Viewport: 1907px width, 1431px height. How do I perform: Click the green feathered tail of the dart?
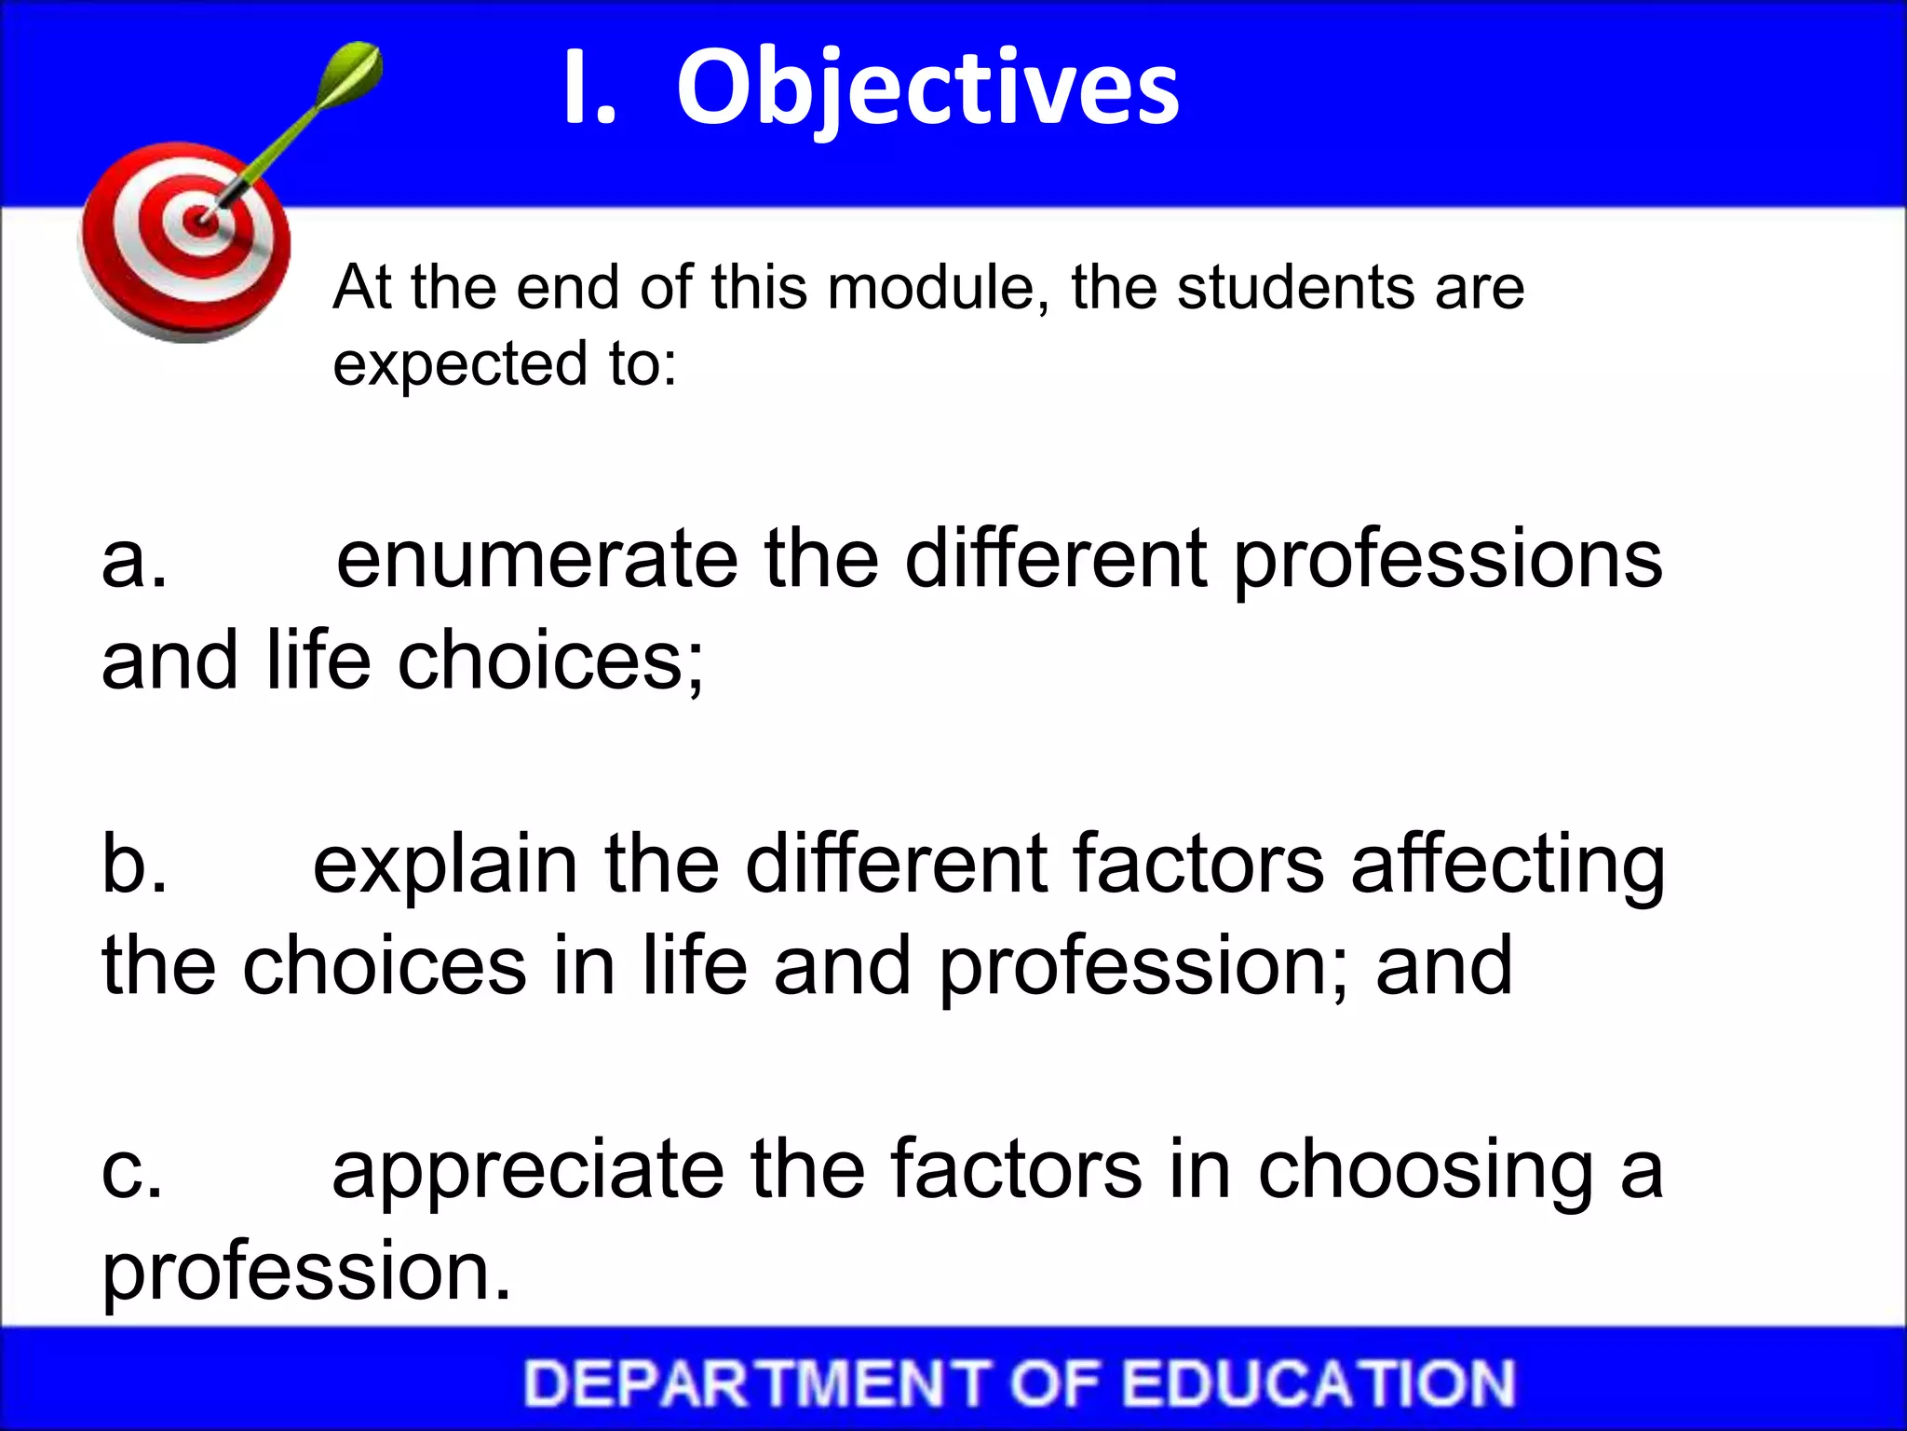click(x=354, y=75)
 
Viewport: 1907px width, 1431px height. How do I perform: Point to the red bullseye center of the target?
click(x=198, y=222)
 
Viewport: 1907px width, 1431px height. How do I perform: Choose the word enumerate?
click(x=537, y=561)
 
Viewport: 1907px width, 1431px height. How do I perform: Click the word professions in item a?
click(x=1448, y=563)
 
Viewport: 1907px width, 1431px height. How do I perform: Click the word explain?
click(x=445, y=866)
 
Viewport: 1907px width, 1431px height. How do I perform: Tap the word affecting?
click(x=1508, y=866)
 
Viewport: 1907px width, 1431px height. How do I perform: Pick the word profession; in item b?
click(x=1142, y=969)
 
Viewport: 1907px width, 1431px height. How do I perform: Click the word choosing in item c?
click(x=1426, y=1172)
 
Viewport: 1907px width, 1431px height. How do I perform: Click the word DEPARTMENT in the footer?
click(x=756, y=1383)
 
